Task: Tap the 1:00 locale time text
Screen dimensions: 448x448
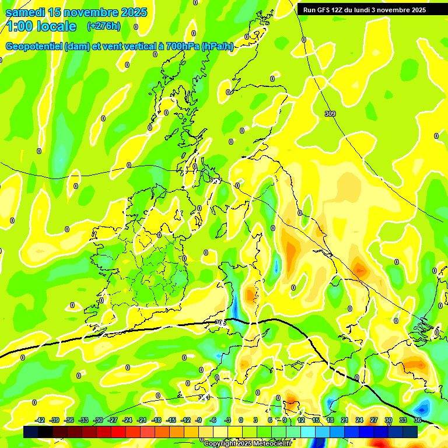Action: [41, 26]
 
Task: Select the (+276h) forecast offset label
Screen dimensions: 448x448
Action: [104, 26]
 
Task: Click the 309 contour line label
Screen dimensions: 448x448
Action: [330, 113]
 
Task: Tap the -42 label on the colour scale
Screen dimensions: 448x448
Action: [40, 420]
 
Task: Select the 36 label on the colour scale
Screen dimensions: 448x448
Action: [418, 420]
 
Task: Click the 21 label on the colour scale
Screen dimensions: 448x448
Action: [345, 420]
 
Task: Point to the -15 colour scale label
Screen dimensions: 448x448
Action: [171, 420]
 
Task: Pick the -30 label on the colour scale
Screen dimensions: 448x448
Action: [99, 420]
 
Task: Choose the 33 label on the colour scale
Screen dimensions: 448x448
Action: [403, 420]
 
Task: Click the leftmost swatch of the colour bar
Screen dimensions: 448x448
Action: [31, 432]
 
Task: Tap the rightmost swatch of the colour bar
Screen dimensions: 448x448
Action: [410, 432]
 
